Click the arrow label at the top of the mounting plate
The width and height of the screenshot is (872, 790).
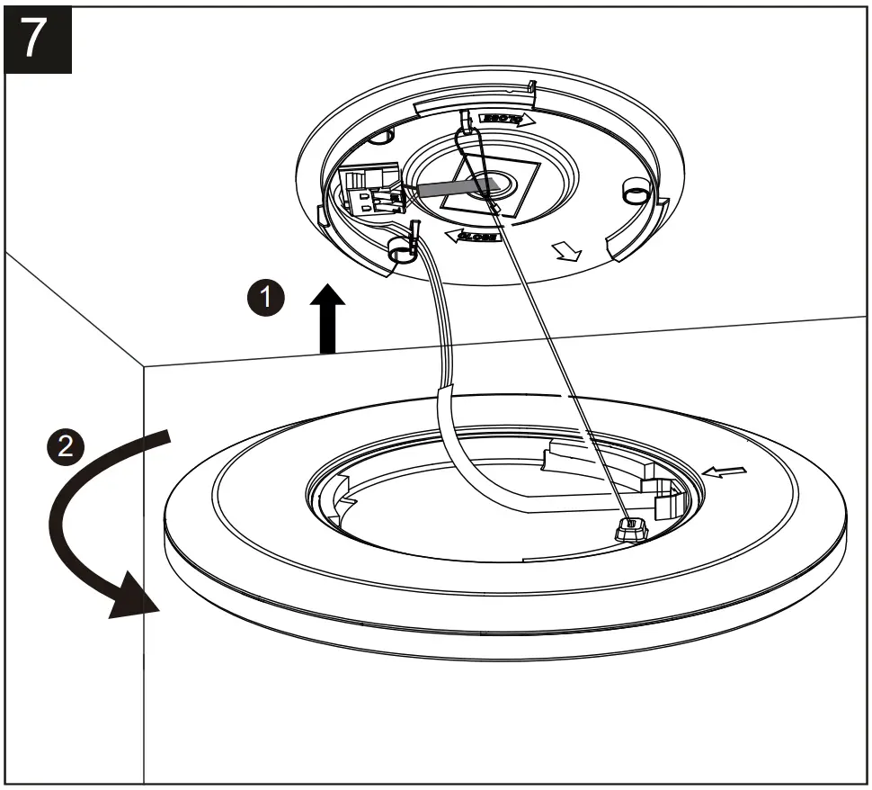coord(504,118)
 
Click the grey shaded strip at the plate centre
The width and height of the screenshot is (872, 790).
coord(454,187)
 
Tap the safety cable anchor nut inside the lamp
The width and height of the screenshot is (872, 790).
coord(630,531)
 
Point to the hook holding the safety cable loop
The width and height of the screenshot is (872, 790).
coord(466,126)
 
